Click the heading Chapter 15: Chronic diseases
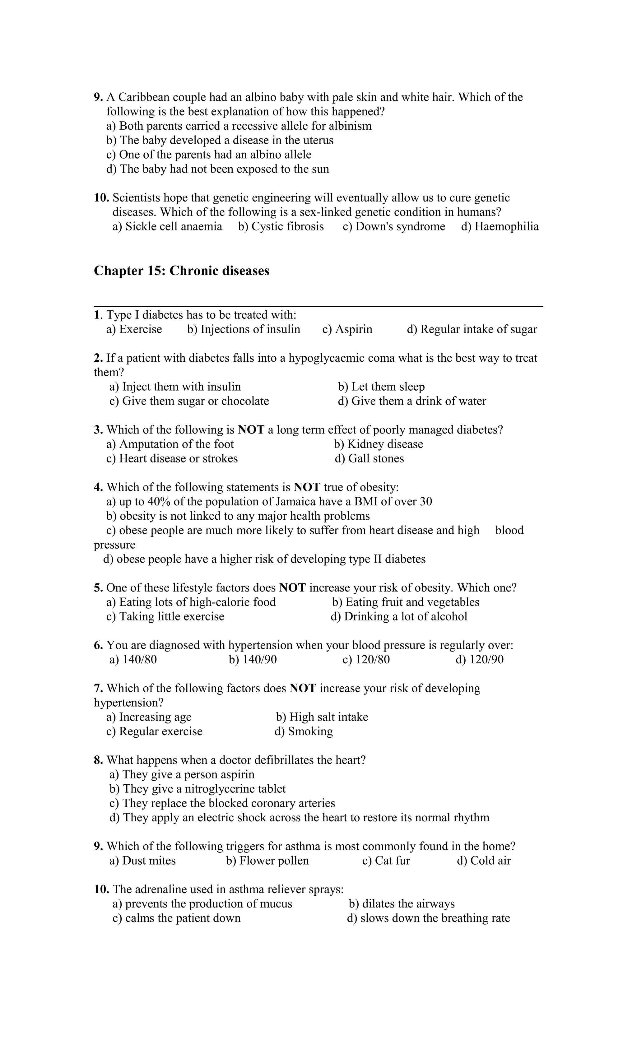click(181, 271)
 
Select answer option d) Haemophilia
click(500, 226)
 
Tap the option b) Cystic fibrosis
click(281, 226)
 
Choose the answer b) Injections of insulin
click(244, 329)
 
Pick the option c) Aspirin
click(347, 329)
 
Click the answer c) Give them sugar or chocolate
click(189, 401)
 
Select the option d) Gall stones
click(369, 458)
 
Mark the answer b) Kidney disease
click(379, 444)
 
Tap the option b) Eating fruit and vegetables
click(406, 602)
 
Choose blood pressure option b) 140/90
click(253, 659)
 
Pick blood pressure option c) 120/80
click(366, 659)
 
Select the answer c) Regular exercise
click(155, 731)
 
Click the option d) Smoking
click(304, 731)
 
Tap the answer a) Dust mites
click(143, 861)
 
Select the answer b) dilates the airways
click(402, 903)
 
